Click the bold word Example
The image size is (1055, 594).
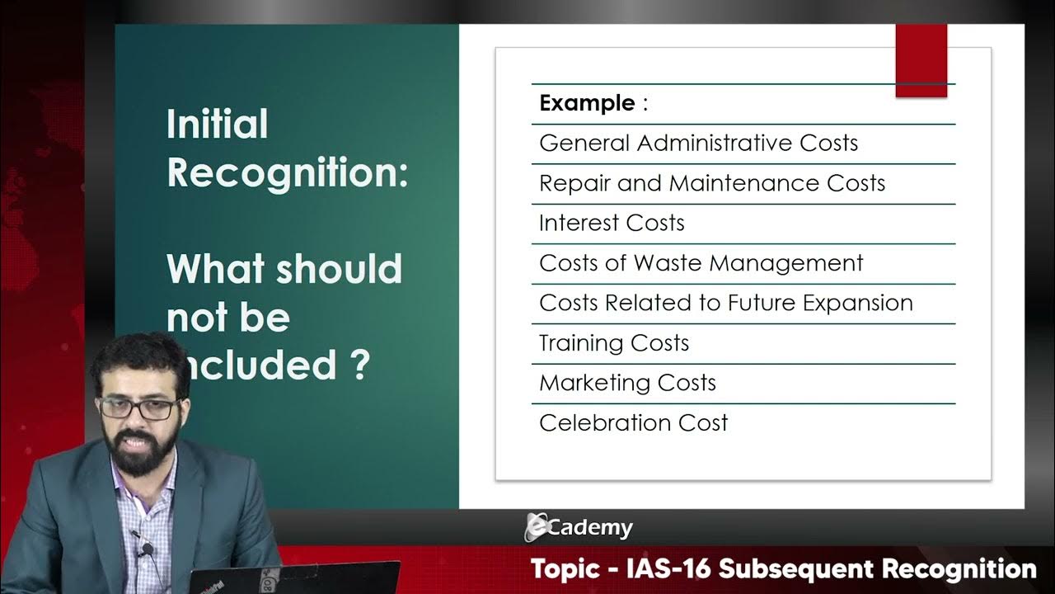coord(587,104)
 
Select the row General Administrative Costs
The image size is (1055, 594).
coord(698,144)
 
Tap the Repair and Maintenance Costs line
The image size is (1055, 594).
coord(711,183)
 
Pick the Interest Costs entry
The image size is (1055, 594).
coord(612,224)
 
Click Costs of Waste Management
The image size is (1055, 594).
coord(701,264)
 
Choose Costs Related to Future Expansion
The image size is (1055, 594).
coord(725,304)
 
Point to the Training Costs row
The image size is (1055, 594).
coord(614,343)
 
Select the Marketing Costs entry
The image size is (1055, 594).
coord(627,384)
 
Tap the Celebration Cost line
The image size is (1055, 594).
coord(633,423)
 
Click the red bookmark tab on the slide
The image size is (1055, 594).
coord(921,60)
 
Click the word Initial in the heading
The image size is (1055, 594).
coord(218,125)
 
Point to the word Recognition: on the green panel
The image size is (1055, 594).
coord(288,173)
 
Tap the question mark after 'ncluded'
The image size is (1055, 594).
coord(359,365)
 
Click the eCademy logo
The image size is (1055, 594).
coord(579,528)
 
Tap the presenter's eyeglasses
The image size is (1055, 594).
coord(138,408)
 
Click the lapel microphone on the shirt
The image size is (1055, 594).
coord(145,549)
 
